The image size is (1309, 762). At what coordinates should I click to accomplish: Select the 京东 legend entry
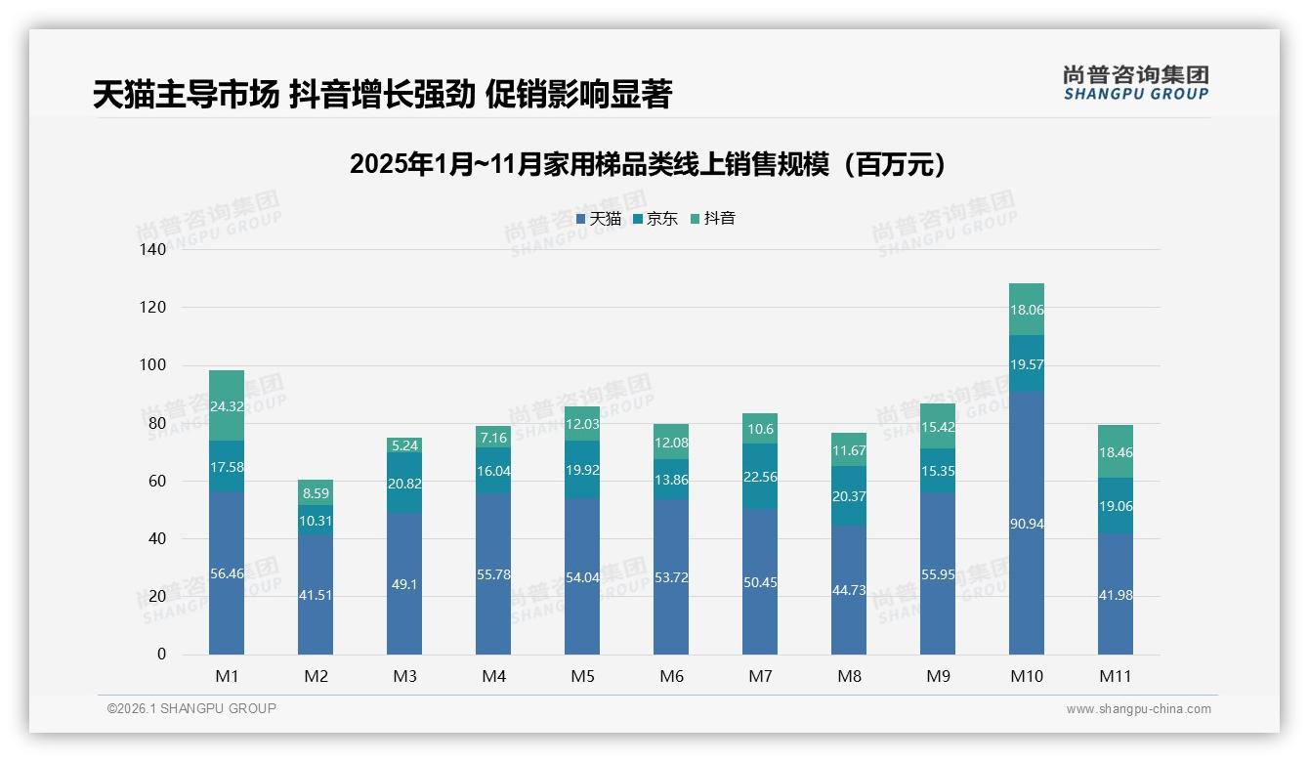(654, 219)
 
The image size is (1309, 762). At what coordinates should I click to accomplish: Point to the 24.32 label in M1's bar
(227, 406)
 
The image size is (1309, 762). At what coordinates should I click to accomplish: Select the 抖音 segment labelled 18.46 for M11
(1115, 452)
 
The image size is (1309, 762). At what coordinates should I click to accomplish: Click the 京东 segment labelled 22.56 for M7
(760, 477)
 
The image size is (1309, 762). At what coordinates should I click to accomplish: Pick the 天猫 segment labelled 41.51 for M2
(316, 594)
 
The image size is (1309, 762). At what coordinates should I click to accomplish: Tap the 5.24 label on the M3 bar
(404, 445)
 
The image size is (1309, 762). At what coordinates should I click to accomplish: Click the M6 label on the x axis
(671, 676)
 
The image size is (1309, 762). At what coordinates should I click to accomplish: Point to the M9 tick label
(938, 676)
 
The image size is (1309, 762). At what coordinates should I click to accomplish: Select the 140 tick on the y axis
(153, 249)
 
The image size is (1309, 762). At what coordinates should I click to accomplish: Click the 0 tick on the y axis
(161, 655)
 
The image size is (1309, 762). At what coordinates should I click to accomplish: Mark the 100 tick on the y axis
(153, 365)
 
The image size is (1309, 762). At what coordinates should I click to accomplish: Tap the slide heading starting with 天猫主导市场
(382, 95)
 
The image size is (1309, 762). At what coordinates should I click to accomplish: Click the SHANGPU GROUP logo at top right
(1135, 83)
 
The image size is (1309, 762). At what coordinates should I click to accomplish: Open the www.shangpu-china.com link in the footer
(1138, 709)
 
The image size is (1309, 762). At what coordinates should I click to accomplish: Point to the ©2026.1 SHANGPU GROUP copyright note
(191, 708)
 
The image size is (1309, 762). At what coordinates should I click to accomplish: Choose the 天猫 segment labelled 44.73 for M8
(849, 590)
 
